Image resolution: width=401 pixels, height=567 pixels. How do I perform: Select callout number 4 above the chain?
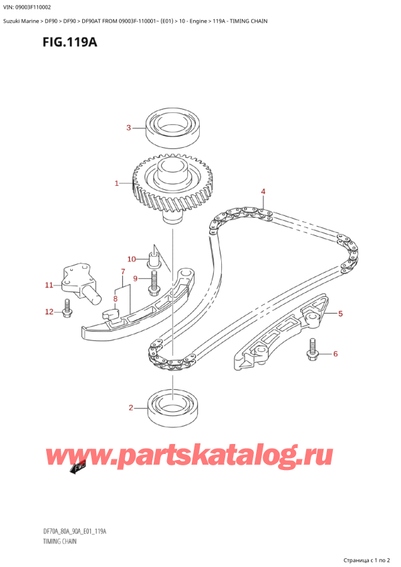(263, 192)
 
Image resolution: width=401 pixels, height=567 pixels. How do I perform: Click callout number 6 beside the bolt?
(336, 354)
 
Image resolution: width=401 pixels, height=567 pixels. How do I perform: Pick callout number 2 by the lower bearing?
(132, 407)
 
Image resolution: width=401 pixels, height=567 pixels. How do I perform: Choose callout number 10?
(132, 259)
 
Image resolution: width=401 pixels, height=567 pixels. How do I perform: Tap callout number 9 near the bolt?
(135, 278)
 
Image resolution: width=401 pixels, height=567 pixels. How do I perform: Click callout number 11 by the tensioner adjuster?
(49, 286)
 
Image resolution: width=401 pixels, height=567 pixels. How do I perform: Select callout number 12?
(48, 312)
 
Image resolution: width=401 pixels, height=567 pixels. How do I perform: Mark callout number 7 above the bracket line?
(122, 271)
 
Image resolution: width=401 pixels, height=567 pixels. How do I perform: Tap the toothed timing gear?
(172, 182)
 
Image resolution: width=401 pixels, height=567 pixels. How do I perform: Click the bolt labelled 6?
(311, 350)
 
